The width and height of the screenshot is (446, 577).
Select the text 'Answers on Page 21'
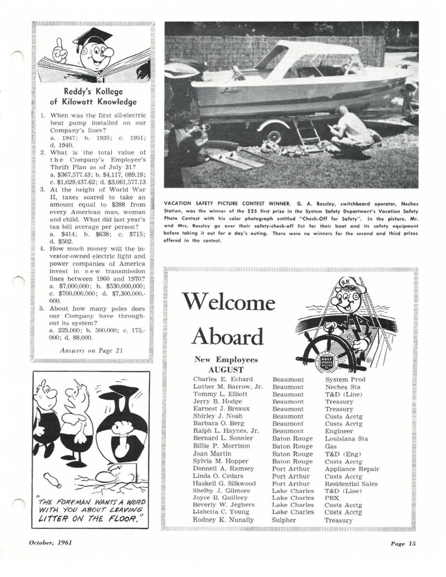pyautogui.click(x=92, y=350)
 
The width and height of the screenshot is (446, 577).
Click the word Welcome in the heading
pyautogui.click(x=229, y=303)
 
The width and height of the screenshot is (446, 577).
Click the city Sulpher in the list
pyautogui.click(x=284, y=520)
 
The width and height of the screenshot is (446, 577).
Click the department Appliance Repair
pyautogui.click(x=352, y=469)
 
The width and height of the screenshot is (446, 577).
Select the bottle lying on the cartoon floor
pyautogui.click(x=51, y=479)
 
